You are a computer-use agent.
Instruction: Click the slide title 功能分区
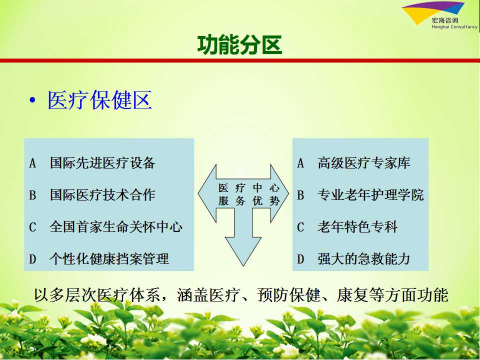[239, 44]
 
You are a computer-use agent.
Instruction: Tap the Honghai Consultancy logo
[439, 15]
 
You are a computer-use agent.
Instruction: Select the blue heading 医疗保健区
[99, 100]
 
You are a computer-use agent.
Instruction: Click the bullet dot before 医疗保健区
[32, 100]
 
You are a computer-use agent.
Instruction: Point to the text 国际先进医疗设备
[102, 162]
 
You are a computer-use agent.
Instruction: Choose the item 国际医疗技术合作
[102, 194]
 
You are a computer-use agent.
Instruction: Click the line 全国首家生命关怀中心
[116, 227]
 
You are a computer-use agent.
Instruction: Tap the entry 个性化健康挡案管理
[109, 258]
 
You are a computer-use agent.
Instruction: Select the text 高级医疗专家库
[363, 162]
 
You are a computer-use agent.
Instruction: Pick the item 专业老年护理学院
[370, 194]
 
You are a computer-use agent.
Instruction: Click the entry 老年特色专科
[357, 227]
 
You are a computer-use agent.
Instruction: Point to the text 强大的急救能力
[363, 258]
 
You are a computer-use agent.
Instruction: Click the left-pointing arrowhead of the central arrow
[207, 193]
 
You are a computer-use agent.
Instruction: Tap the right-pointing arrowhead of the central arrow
[279, 193]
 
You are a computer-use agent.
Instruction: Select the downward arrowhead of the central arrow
[243, 251]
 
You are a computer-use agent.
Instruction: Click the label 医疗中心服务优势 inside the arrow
[249, 194]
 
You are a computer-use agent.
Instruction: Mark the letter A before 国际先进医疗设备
[32, 163]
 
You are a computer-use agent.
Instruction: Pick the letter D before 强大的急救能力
[300, 259]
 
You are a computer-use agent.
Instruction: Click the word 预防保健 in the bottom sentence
[288, 295]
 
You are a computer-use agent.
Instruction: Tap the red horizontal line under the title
[240, 60]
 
